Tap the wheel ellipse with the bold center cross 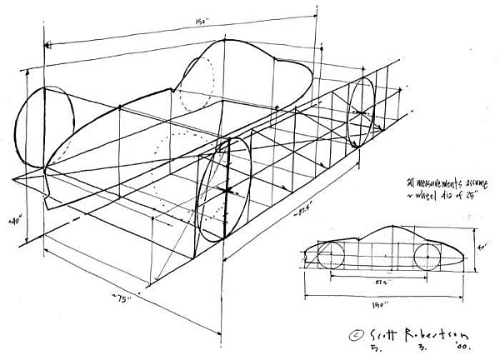(x=225, y=190)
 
